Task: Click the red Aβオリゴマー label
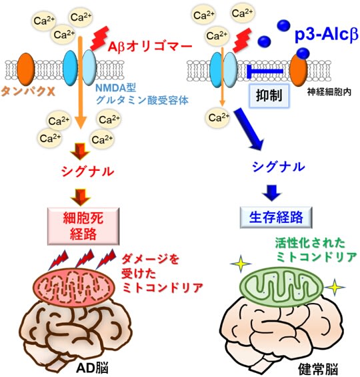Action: pyautogui.click(x=150, y=47)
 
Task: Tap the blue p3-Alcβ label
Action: pyautogui.click(x=327, y=35)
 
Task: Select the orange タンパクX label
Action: pyautogui.click(x=28, y=91)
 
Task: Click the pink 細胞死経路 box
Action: pyautogui.click(x=83, y=226)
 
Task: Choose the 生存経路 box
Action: pyautogui.click(x=276, y=217)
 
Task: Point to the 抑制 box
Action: pyautogui.click(x=269, y=95)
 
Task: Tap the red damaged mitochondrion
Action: pyautogui.click(x=74, y=287)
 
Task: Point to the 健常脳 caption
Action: pyautogui.click(x=318, y=369)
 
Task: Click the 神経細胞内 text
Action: pyautogui.click(x=329, y=92)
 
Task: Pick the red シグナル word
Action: pyautogui.click(x=87, y=171)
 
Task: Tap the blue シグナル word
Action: pyautogui.click(x=279, y=167)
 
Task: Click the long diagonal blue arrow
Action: pyautogui.click(x=249, y=129)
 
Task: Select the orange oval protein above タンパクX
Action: pyautogui.click(x=26, y=69)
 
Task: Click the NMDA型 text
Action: pyautogui.click(x=116, y=88)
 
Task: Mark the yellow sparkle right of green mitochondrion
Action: pyautogui.click(x=335, y=287)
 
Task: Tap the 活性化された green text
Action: pyautogui.click(x=310, y=243)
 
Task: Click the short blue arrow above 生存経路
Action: pyautogui.click(x=272, y=193)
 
